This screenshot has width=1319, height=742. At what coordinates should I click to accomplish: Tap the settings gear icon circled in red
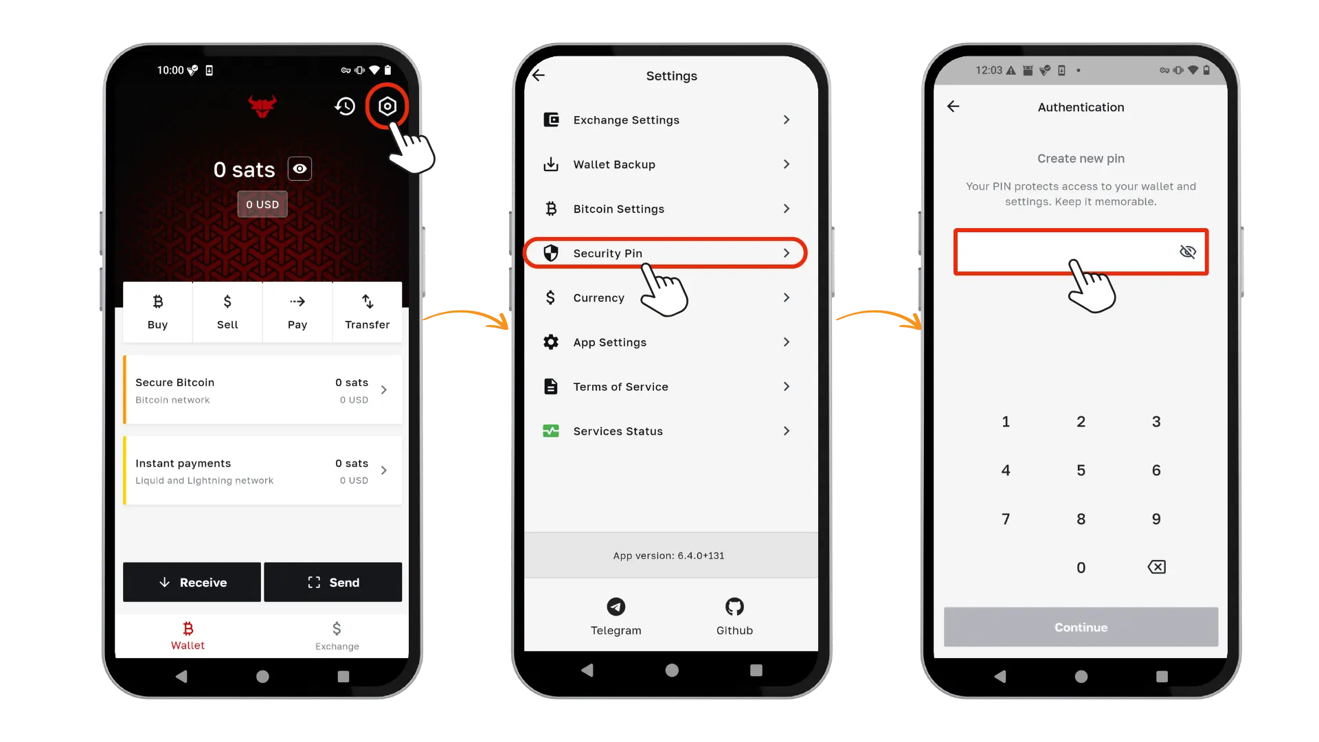coord(387,106)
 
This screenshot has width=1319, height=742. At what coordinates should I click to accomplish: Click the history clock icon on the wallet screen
coord(345,106)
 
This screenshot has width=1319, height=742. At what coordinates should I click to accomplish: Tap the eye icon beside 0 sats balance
coord(300,168)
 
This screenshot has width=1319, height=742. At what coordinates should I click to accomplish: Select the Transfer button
coord(368,312)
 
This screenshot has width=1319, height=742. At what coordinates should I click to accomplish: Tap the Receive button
coord(192,582)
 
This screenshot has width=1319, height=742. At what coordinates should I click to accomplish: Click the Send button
coord(333,582)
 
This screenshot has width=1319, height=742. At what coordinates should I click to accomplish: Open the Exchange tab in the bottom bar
coord(337,636)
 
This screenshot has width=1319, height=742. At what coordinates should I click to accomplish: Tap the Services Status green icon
coord(551,431)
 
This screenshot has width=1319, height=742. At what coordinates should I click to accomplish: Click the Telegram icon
coord(616,607)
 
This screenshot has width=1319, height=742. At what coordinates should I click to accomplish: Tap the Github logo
coord(734,607)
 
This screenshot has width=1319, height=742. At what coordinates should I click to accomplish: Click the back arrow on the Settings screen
coord(539,75)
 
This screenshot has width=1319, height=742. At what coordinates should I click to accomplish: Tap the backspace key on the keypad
coord(1157,567)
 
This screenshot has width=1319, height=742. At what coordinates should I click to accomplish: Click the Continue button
coord(1081,627)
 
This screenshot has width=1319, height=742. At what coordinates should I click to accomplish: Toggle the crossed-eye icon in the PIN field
coord(1188,251)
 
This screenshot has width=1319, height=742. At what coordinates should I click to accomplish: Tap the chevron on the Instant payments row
coord(384,471)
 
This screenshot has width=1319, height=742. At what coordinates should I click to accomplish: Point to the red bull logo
coord(262,106)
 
